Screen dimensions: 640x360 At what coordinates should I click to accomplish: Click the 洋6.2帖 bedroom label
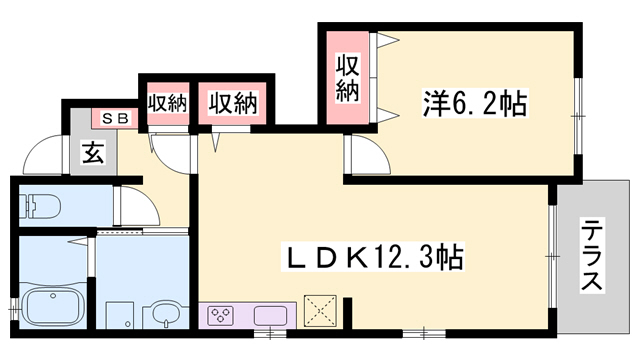pos(474,103)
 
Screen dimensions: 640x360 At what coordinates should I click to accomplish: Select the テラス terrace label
pos(591,256)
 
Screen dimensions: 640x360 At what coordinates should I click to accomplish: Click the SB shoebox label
pos(114,118)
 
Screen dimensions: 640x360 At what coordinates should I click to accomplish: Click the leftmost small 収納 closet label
pos(167,102)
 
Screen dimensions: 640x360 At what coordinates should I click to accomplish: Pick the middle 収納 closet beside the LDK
pos(233,102)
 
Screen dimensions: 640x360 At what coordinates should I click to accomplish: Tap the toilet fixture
pos(40,206)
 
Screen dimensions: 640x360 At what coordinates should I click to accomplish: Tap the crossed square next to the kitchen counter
pos(321,309)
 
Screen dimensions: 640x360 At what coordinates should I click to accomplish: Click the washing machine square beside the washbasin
pos(119,314)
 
